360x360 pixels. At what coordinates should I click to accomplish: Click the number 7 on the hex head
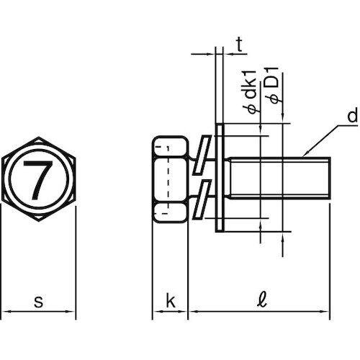[38, 180]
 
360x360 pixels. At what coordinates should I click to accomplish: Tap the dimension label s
[38, 302]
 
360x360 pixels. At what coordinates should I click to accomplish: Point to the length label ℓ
[262, 300]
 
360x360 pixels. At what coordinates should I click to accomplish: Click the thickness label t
[239, 45]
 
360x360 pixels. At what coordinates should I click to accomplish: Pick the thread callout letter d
[353, 115]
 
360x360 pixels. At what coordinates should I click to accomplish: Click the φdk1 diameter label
[251, 92]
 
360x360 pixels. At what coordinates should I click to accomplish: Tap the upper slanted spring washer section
[202, 155]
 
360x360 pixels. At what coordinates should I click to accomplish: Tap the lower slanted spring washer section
[202, 199]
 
